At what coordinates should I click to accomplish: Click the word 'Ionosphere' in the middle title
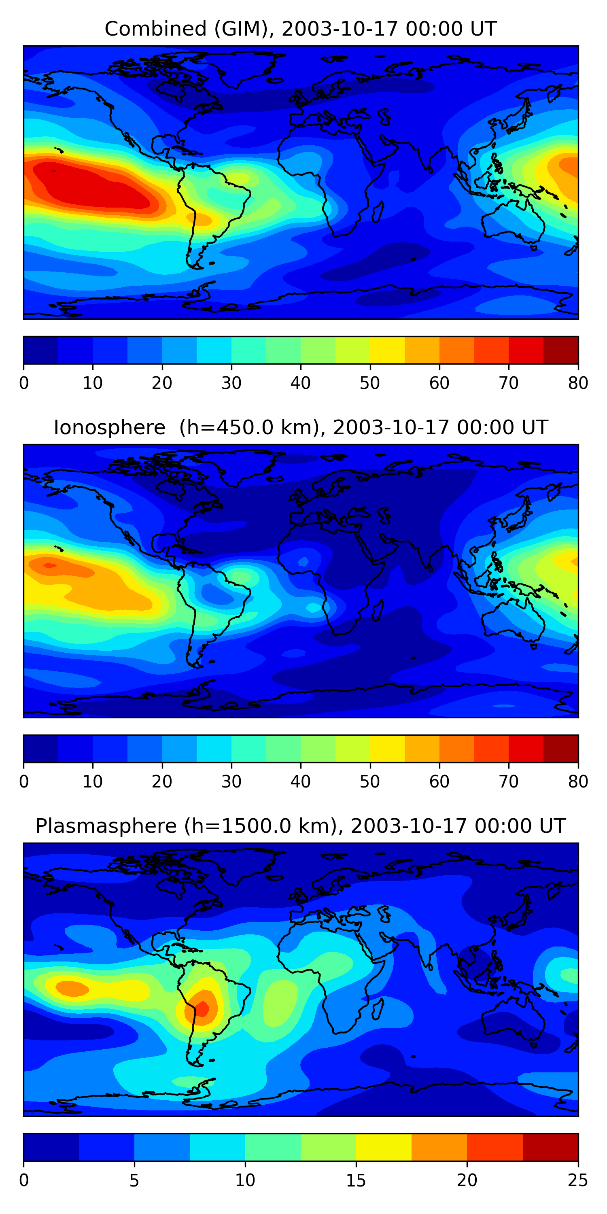tap(109, 428)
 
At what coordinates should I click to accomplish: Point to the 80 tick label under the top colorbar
tap(578, 383)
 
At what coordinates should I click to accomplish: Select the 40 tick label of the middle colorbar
tap(300, 781)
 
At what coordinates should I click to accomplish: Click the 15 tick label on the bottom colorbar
tap(356, 1180)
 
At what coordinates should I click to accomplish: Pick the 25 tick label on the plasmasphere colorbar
tap(578, 1180)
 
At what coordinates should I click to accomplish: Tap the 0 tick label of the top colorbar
tap(24, 383)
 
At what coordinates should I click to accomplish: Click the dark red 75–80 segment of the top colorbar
tap(561, 350)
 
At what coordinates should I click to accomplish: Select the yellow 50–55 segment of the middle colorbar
tap(387, 748)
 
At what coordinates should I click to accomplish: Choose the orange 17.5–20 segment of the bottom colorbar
tap(439, 1147)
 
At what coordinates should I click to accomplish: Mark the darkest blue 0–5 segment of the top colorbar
tap(41, 350)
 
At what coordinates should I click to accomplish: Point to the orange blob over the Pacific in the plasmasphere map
tap(72, 988)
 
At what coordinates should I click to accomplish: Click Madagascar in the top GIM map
tap(378, 212)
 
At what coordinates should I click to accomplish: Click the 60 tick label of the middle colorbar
tap(439, 781)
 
